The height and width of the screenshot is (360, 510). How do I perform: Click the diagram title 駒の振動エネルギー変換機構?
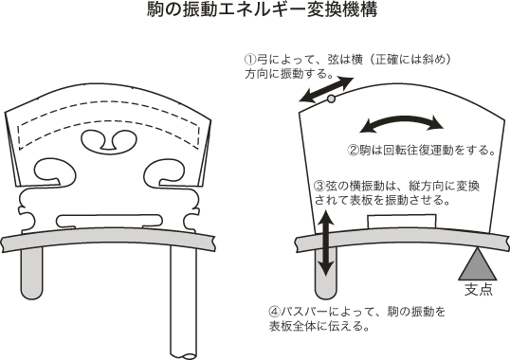(262, 9)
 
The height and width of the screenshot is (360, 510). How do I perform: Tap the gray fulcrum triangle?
(478, 265)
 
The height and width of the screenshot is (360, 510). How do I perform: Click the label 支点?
(478, 289)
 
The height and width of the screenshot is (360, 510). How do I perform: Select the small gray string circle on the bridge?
(331, 99)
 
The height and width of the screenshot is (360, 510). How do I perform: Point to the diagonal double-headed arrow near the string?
(326, 90)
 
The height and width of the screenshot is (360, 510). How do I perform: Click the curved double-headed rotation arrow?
(402, 123)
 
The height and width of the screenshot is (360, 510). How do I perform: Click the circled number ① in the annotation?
(250, 60)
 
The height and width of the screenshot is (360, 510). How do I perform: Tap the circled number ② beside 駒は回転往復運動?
(354, 150)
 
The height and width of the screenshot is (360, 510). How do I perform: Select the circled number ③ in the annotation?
(319, 187)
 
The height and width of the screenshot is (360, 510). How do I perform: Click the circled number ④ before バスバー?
(275, 312)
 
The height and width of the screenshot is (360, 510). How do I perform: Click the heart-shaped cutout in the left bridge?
(108, 140)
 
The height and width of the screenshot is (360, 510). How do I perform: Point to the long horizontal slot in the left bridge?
(109, 221)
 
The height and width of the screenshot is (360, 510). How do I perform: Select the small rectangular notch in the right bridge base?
(402, 222)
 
